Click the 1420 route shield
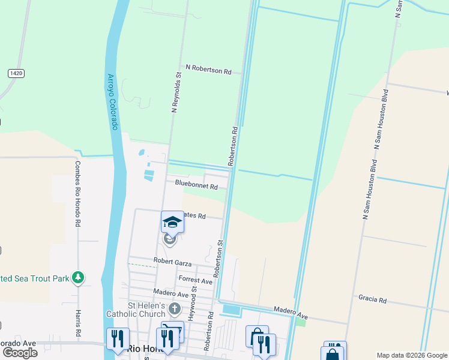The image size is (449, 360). point(16,73)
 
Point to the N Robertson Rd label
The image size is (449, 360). point(208,70)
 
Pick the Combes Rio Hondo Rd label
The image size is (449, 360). point(77,193)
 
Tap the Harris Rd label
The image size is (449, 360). point(78,323)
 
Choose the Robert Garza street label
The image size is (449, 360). point(172,263)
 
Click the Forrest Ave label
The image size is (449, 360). point(196,280)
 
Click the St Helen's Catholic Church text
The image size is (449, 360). point(136,309)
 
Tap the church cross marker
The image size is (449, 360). point(174,310)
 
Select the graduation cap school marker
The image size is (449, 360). point(172,223)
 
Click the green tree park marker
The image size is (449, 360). point(77,277)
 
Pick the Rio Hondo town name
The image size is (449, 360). point(144,349)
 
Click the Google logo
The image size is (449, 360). point(20,353)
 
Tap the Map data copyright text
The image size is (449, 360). point(411,355)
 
